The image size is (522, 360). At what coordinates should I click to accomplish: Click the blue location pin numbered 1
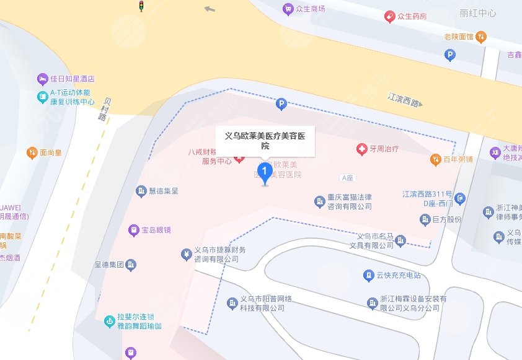(265, 170)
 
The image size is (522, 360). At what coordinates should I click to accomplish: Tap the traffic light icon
(141, 6)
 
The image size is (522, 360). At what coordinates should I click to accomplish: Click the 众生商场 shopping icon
(287, 9)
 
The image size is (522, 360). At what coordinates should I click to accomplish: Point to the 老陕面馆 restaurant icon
(481, 37)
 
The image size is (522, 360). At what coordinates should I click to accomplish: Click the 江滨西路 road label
(404, 99)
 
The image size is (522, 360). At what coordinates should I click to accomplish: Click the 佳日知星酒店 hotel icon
(42, 79)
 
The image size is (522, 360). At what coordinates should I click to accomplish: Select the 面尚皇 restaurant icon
(32, 152)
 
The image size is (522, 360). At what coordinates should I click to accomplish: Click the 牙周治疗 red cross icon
(361, 149)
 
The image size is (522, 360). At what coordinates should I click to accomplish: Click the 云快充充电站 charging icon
(368, 274)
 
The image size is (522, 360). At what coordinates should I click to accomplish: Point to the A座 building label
(347, 178)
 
